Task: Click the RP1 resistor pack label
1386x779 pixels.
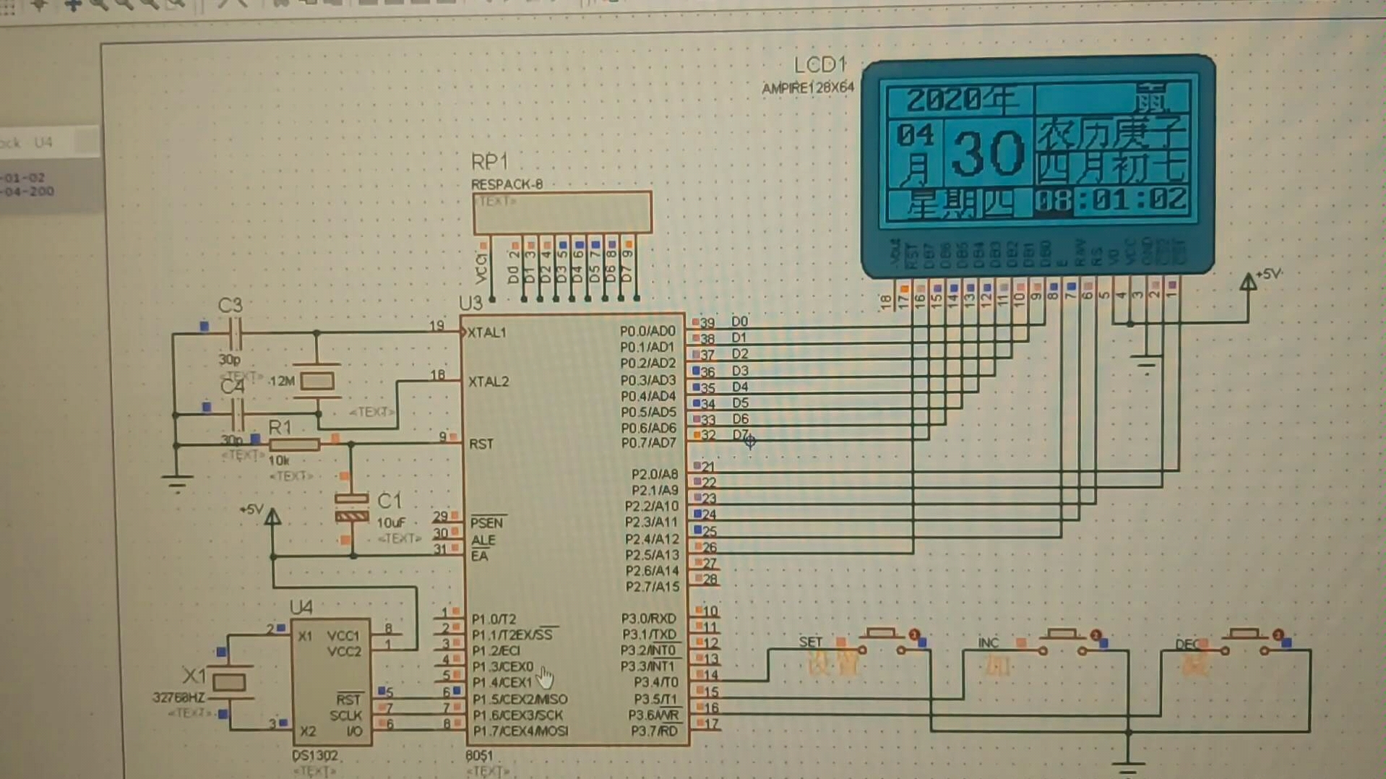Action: point(489,162)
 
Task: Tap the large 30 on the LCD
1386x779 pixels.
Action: point(987,154)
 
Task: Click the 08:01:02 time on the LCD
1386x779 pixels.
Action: point(1111,200)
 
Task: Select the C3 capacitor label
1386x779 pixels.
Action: point(230,306)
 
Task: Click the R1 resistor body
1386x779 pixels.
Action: point(294,444)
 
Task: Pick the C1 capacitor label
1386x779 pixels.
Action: point(389,501)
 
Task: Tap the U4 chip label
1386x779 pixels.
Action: point(301,607)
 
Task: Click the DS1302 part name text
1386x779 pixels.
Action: point(315,755)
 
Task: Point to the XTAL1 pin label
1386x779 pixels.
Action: point(487,333)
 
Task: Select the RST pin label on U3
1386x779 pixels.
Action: point(481,444)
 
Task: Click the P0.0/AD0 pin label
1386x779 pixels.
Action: point(647,331)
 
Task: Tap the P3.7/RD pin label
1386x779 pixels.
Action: point(654,731)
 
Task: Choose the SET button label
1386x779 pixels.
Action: point(810,642)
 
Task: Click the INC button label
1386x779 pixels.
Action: point(988,642)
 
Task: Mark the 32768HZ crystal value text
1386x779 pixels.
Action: point(178,697)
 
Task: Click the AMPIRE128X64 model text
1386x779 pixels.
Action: point(808,88)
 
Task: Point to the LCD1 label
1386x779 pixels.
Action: point(819,65)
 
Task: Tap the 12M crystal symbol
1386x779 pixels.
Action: point(317,380)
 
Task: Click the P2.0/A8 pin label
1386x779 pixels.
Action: point(655,474)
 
